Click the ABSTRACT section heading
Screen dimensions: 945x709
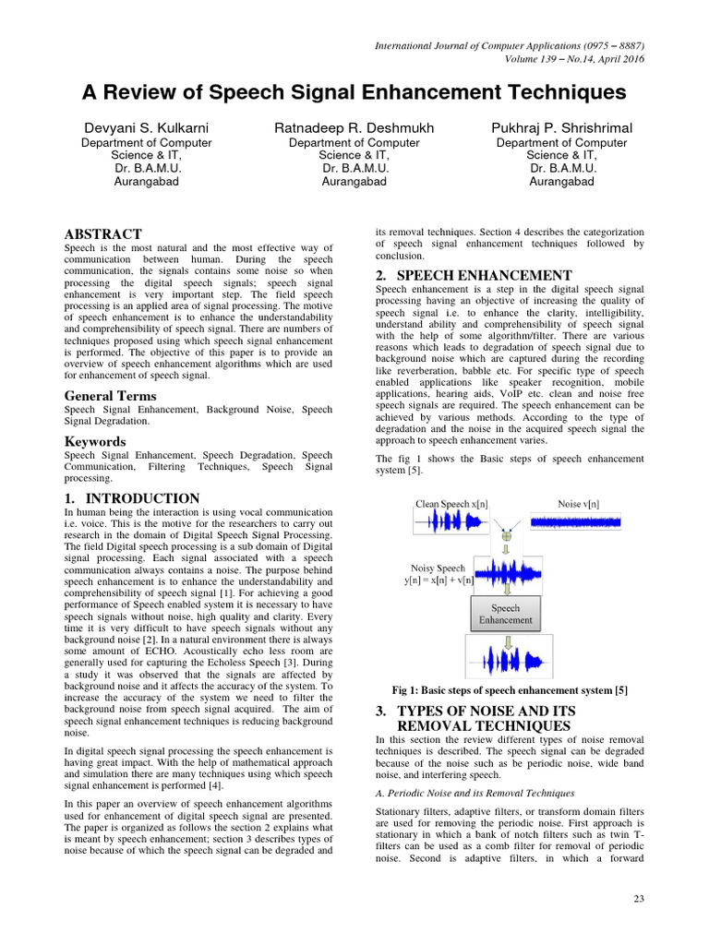(x=102, y=234)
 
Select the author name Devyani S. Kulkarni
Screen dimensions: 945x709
(x=146, y=127)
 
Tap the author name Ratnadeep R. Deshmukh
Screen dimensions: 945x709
(x=354, y=127)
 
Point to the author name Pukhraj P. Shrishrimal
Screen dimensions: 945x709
(x=561, y=127)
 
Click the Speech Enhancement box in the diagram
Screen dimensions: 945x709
(x=505, y=614)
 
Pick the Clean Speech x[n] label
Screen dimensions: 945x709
(x=452, y=504)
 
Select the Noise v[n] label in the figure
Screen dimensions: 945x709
(x=579, y=504)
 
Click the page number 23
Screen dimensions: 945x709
(x=638, y=899)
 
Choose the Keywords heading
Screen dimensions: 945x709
(x=94, y=441)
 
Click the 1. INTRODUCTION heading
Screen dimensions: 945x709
(x=132, y=498)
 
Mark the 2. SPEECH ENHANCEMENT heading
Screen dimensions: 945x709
(x=475, y=275)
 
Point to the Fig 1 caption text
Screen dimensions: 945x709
(x=511, y=691)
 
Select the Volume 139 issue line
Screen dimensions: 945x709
(x=573, y=59)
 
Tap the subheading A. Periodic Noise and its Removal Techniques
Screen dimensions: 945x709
(x=475, y=793)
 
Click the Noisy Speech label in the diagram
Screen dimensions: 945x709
(x=438, y=568)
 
